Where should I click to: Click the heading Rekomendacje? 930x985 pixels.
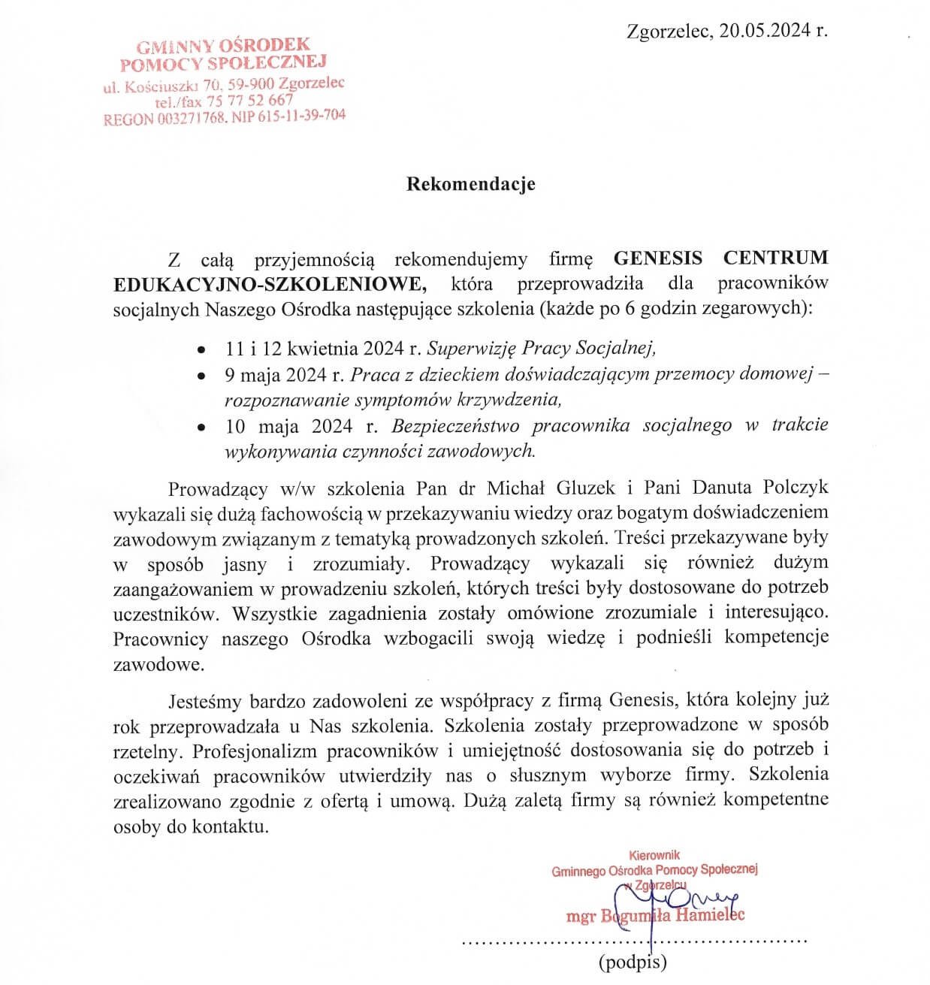(x=470, y=183)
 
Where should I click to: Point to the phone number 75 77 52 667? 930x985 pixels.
(x=251, y=100)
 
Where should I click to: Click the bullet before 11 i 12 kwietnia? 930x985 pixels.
(x=201, y=350)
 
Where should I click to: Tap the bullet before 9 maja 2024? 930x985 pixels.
(x=201, y=374)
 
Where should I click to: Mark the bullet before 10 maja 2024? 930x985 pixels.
(x=201, y=428)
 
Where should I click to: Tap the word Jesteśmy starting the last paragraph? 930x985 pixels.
(x=207, y=701)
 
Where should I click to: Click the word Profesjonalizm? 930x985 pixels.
(x=256, y=750)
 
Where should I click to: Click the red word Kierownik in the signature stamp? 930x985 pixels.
(x=654, y=854)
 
